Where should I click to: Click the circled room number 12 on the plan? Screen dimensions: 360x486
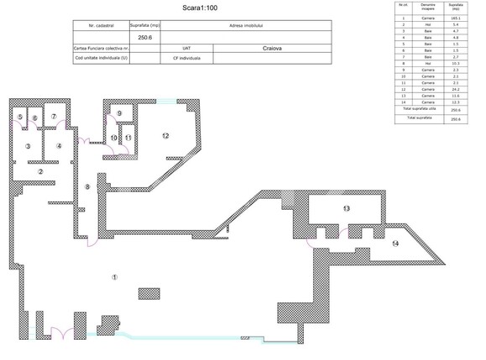pyautogui.click(x=166, y=136)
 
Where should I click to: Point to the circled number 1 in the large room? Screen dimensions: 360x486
pyautogui.click(x=115, y=277)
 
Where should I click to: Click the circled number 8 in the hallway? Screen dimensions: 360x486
pyautogui.click(x=87, y=185)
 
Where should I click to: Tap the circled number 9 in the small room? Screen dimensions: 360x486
pyautogui.click(x=119, y=113)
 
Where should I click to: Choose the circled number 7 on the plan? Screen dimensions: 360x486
pyautogui.click(x=54, y=117)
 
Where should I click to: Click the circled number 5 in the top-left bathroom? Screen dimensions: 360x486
pyautogui.click(x=20, y=117)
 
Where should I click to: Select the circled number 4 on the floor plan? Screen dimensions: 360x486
pyautogui.click(x=60, y=146)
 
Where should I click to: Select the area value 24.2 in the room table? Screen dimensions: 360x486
pyautogui.click(x=457, y=89)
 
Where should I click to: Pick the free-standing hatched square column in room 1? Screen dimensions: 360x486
pyautogui.click(x=148, y=294)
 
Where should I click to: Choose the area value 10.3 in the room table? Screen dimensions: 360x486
pyautogui.click(x=457, y=63)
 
